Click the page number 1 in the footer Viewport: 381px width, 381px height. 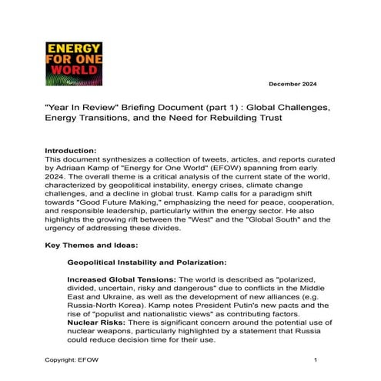316,360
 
